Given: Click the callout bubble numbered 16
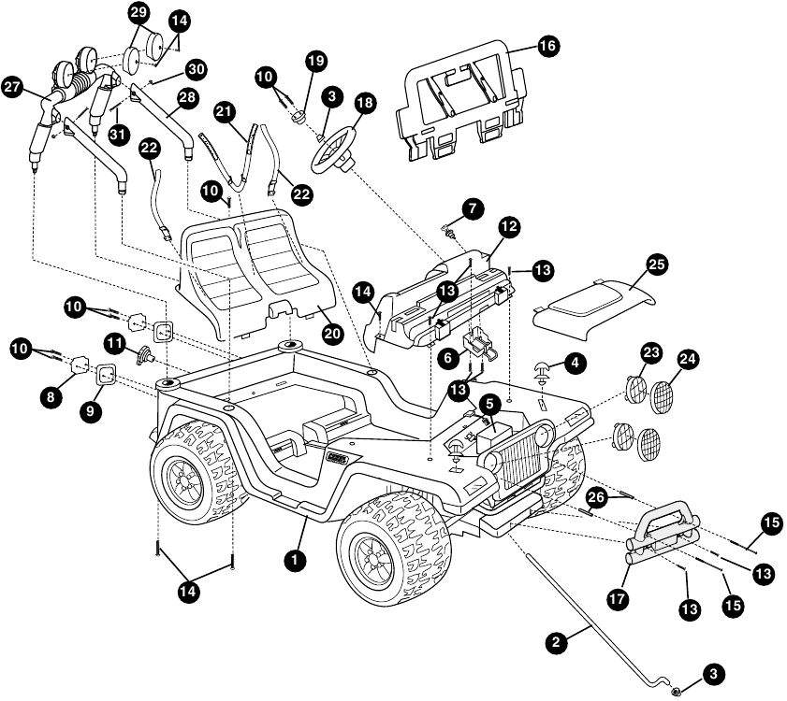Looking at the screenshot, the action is coord(547,46).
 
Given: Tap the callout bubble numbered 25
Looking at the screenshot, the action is coord(657,264).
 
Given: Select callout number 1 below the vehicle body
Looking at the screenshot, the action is coord(295,559).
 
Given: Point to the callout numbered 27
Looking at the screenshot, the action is coord(13,87).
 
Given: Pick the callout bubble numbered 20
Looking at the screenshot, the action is coord(332,334).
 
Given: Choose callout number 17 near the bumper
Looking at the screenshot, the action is coord(618,598).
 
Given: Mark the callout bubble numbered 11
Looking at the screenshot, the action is coord(116,343).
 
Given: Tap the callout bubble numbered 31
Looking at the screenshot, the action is coord(118,134).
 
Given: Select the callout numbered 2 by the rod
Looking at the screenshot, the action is coord(556,642).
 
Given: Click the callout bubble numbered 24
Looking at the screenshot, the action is coord(688,359).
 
